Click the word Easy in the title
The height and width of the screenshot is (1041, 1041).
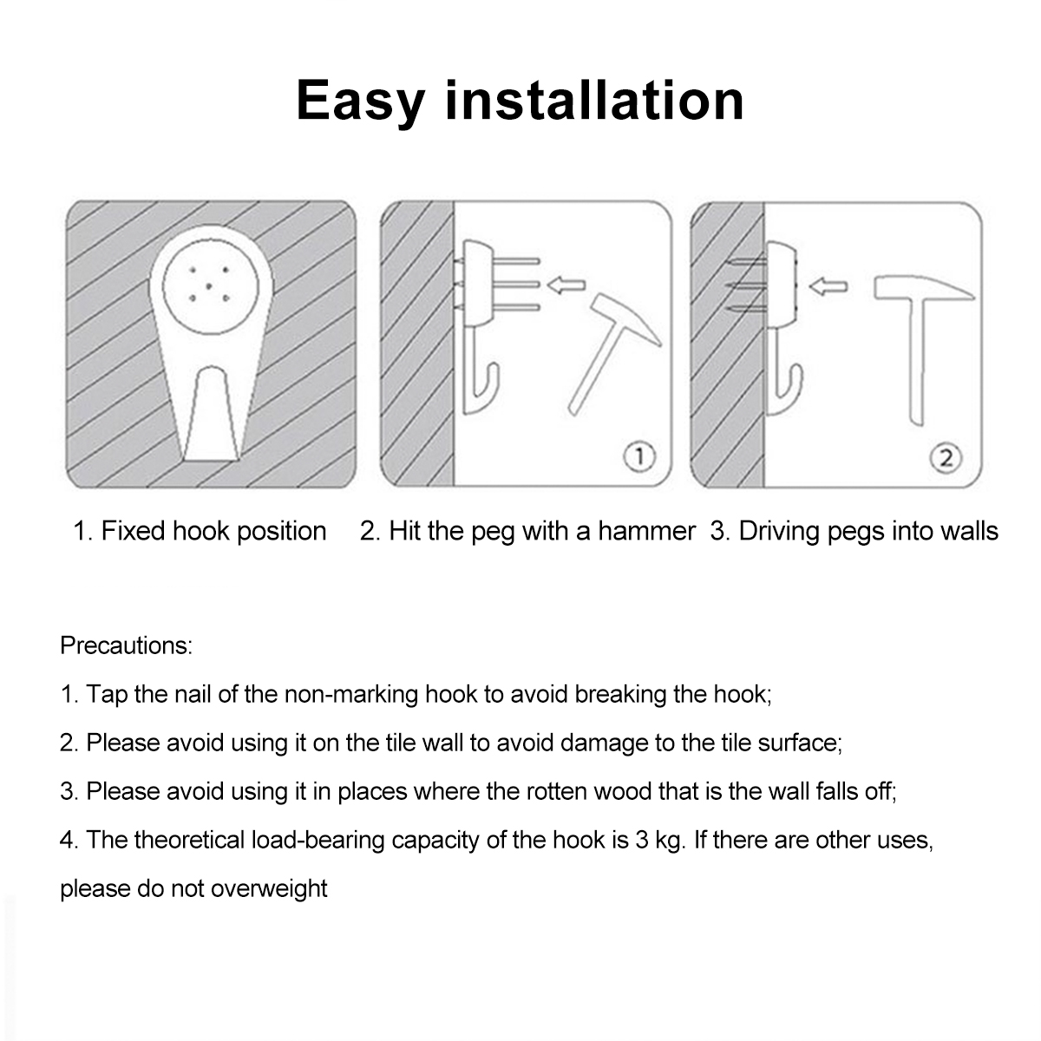360,101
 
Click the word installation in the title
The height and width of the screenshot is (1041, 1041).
595,100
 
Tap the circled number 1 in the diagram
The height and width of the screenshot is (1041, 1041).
639,456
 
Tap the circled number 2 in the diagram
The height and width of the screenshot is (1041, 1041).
946,458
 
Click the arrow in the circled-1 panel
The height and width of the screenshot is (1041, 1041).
566,285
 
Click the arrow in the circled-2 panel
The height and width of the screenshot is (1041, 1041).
828,286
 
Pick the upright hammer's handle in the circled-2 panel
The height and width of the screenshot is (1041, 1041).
917,361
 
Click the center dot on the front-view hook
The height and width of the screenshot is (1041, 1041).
208,285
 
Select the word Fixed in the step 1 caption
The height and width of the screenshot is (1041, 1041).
134,531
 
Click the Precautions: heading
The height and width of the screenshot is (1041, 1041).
127,645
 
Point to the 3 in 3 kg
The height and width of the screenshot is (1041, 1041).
642,841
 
